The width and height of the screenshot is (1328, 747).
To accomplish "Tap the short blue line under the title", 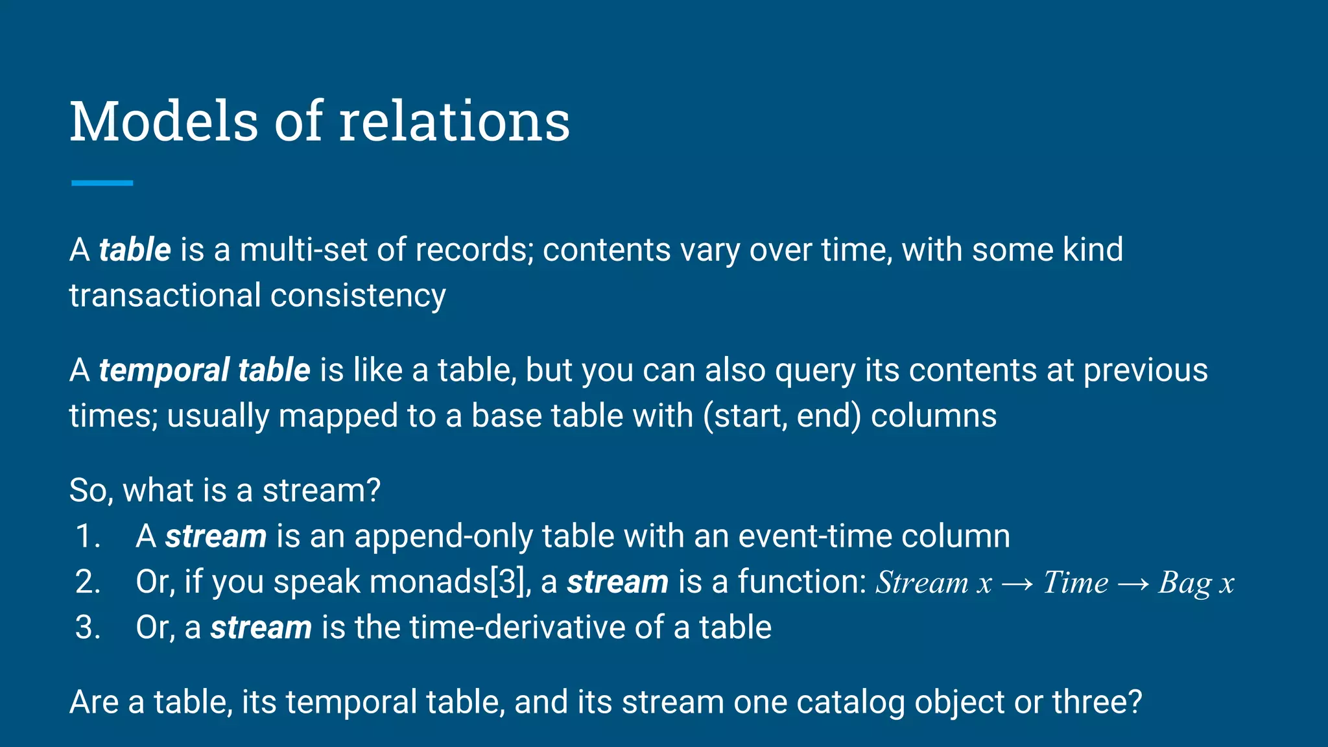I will (x=102, y=184).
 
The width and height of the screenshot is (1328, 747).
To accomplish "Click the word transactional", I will (x=165, y=296).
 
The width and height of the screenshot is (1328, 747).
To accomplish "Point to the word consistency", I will (x=358, y=296).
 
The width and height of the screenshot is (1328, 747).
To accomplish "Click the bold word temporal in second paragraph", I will (x=163, y=371).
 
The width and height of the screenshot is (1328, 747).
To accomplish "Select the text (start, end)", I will (x=782, y=416).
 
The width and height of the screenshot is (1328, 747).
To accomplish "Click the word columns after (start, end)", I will (x=933, y=416).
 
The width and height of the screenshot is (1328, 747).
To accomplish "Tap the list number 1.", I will (x=87, y=537).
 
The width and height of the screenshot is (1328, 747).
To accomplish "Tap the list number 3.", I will (x=87, y=628).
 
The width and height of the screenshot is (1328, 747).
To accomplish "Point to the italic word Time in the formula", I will (x=1075, y=582).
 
